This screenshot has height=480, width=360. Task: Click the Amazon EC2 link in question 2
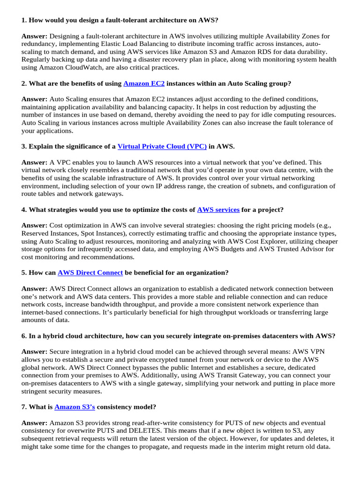pos(144,83)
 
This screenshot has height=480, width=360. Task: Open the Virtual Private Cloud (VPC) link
pos(162,146)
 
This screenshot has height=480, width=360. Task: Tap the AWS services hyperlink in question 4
pos(218,210)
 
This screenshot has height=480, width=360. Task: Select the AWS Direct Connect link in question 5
pos(90,272)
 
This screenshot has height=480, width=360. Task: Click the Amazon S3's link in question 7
pos(75,407)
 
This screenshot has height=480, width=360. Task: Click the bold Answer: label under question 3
pos(34,162)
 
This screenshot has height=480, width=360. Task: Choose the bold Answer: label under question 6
pos(34,352)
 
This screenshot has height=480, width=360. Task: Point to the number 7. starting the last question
pos(24,407)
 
